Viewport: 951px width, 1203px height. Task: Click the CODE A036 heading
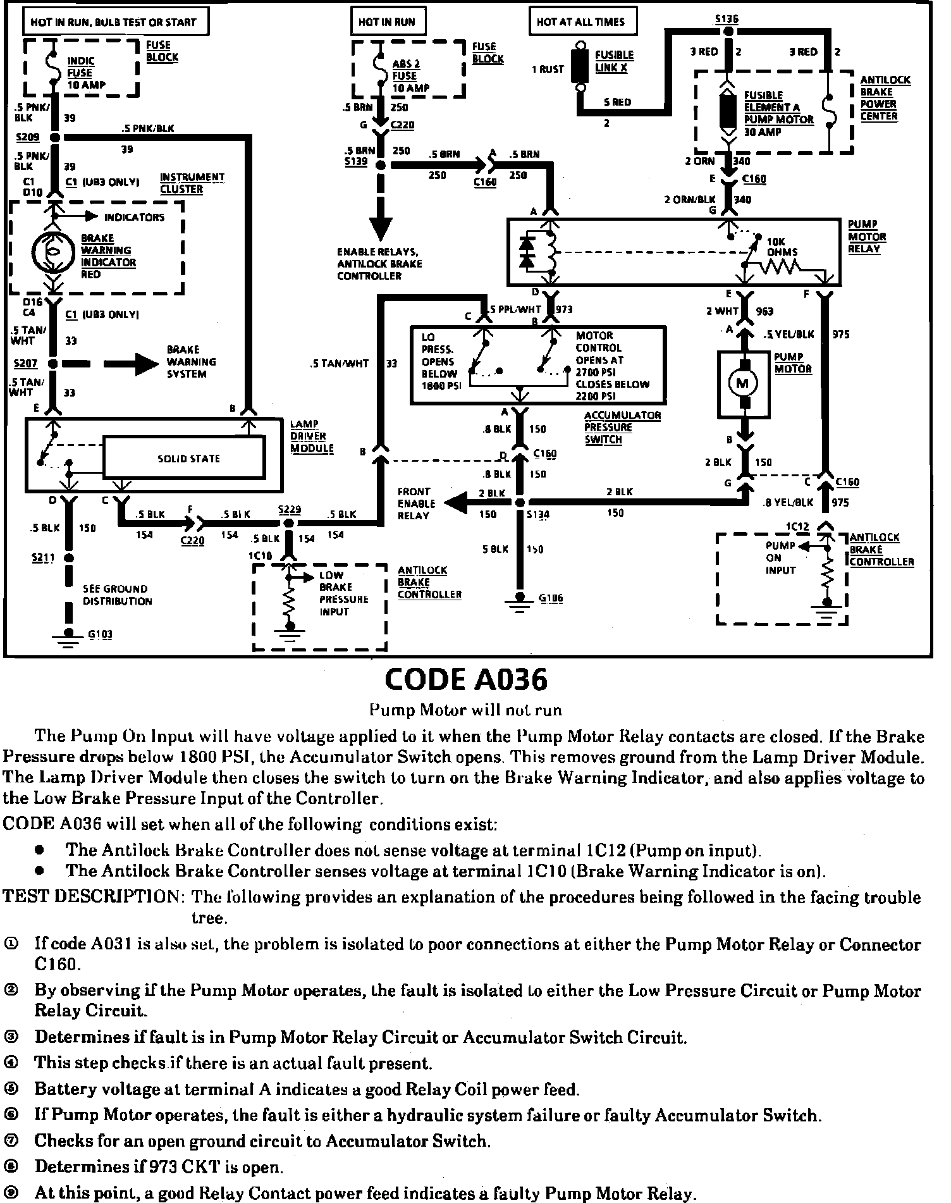pos(466,680)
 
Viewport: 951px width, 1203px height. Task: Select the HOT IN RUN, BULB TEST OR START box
pos(114,23)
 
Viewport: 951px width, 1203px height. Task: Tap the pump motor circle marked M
pos(742,383)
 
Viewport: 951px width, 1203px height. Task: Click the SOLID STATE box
pos(188,459)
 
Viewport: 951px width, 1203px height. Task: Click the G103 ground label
pos(100,634)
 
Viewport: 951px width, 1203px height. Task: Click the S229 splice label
pos(290,510)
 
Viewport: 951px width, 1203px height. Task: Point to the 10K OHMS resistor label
pos(782,247)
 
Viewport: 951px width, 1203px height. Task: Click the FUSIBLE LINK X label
pos(614,61)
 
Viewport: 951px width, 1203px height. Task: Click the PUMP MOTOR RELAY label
pos(866,237)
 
